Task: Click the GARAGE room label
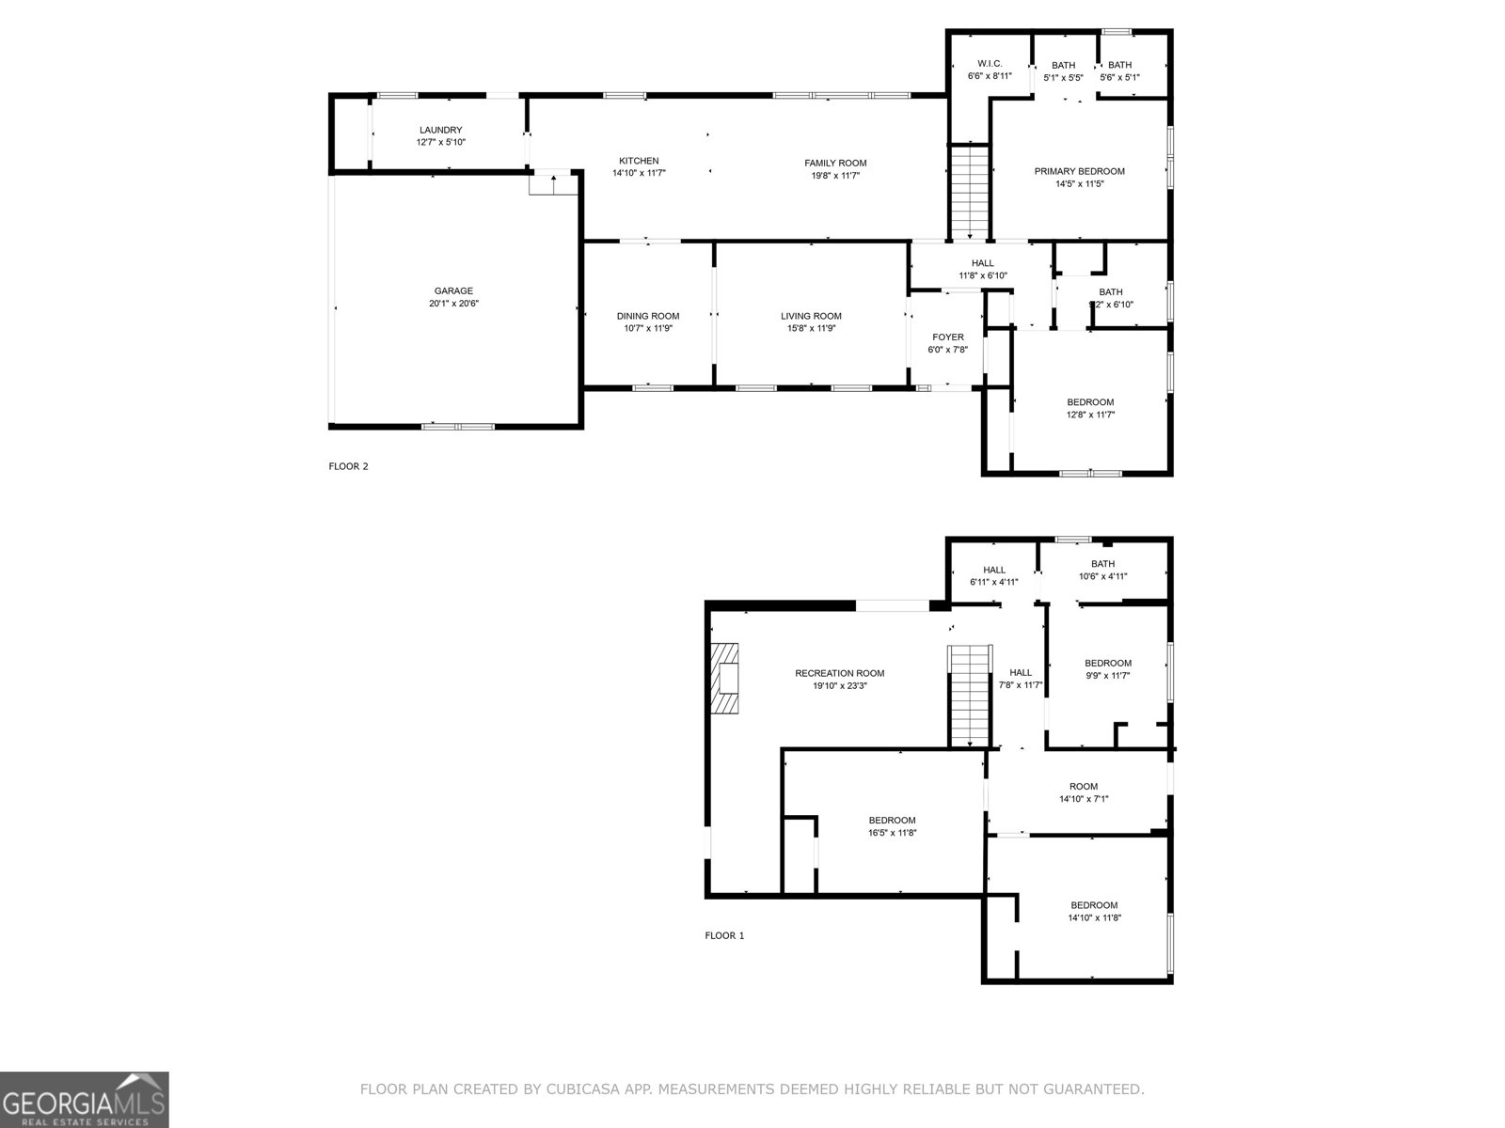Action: tap(453, 291)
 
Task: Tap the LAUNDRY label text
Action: tap(440, 130)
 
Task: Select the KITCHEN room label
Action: tap(639, 161)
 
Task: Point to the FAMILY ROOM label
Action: tap(835, 163)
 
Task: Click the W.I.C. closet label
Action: tap(990, 63)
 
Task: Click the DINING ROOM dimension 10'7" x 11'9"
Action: tap(648, 329)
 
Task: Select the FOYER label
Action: tap(947, 337)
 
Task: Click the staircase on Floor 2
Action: tap(969, 193)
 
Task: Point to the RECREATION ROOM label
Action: tap(839, 673)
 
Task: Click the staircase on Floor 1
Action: tap(971, 696)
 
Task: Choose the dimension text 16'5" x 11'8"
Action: tap(892, 833)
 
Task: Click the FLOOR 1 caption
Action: tap(724, 935)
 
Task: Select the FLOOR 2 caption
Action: tap(348, 465)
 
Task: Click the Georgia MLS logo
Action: tap(84, 1099)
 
